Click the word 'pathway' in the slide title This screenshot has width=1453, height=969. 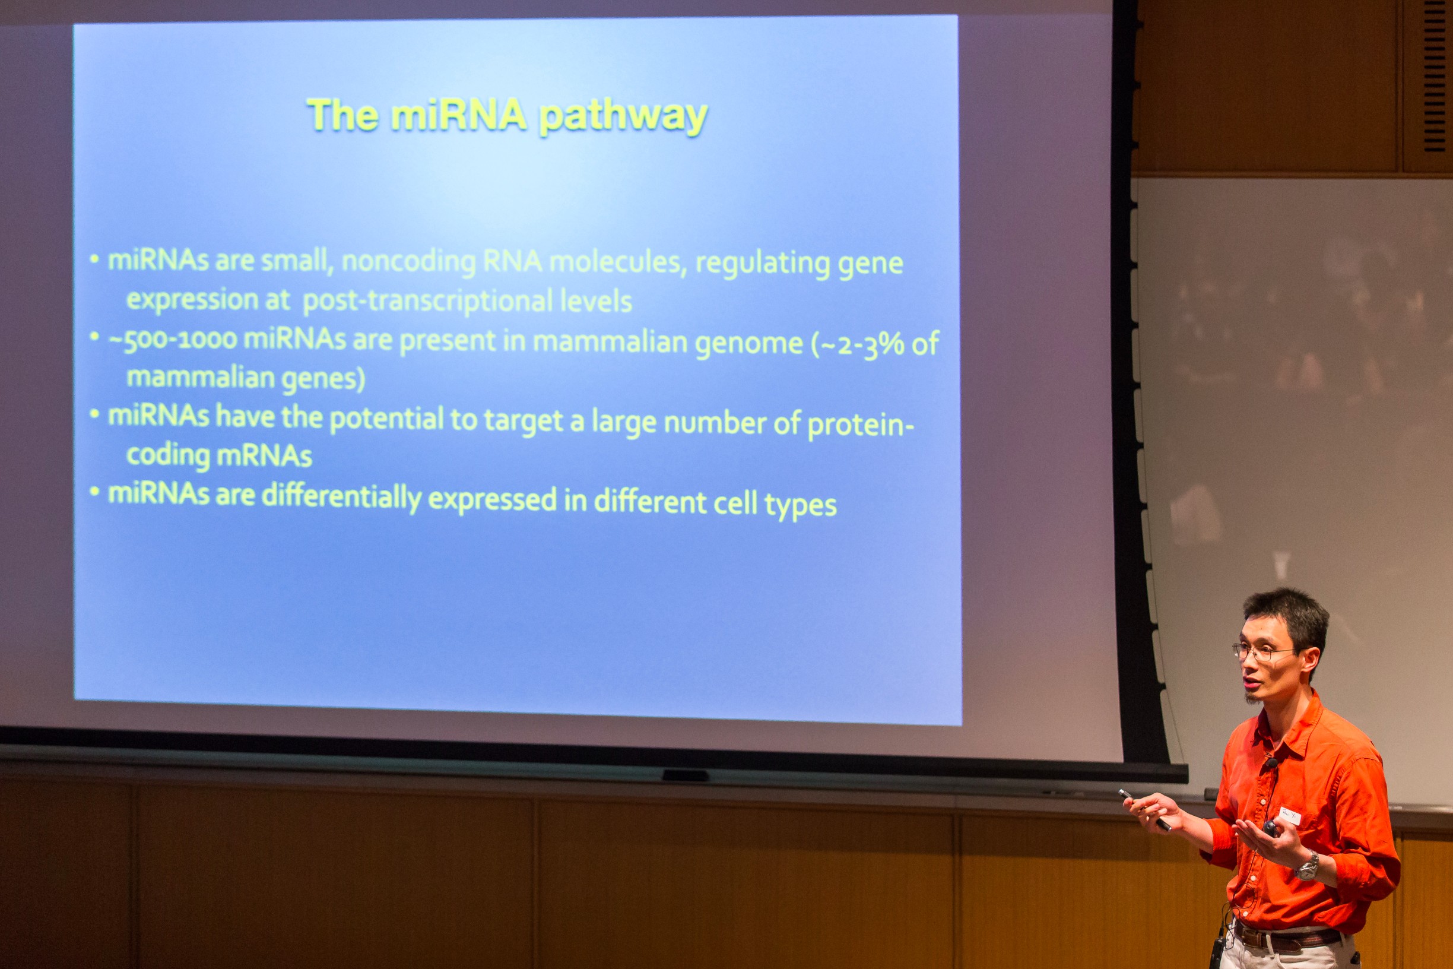click(623, 116)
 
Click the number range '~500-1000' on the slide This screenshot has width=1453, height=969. click(172, 339)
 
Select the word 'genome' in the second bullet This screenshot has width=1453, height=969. click(748, 344)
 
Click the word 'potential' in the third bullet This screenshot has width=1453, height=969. click(386, 420)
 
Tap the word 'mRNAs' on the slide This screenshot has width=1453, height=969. click(264, 456)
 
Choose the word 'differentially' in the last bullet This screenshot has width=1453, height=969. click(342, 498)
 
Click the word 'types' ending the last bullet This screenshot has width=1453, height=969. click(800, 505)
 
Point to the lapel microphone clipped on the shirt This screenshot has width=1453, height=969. click(1270, 762)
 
